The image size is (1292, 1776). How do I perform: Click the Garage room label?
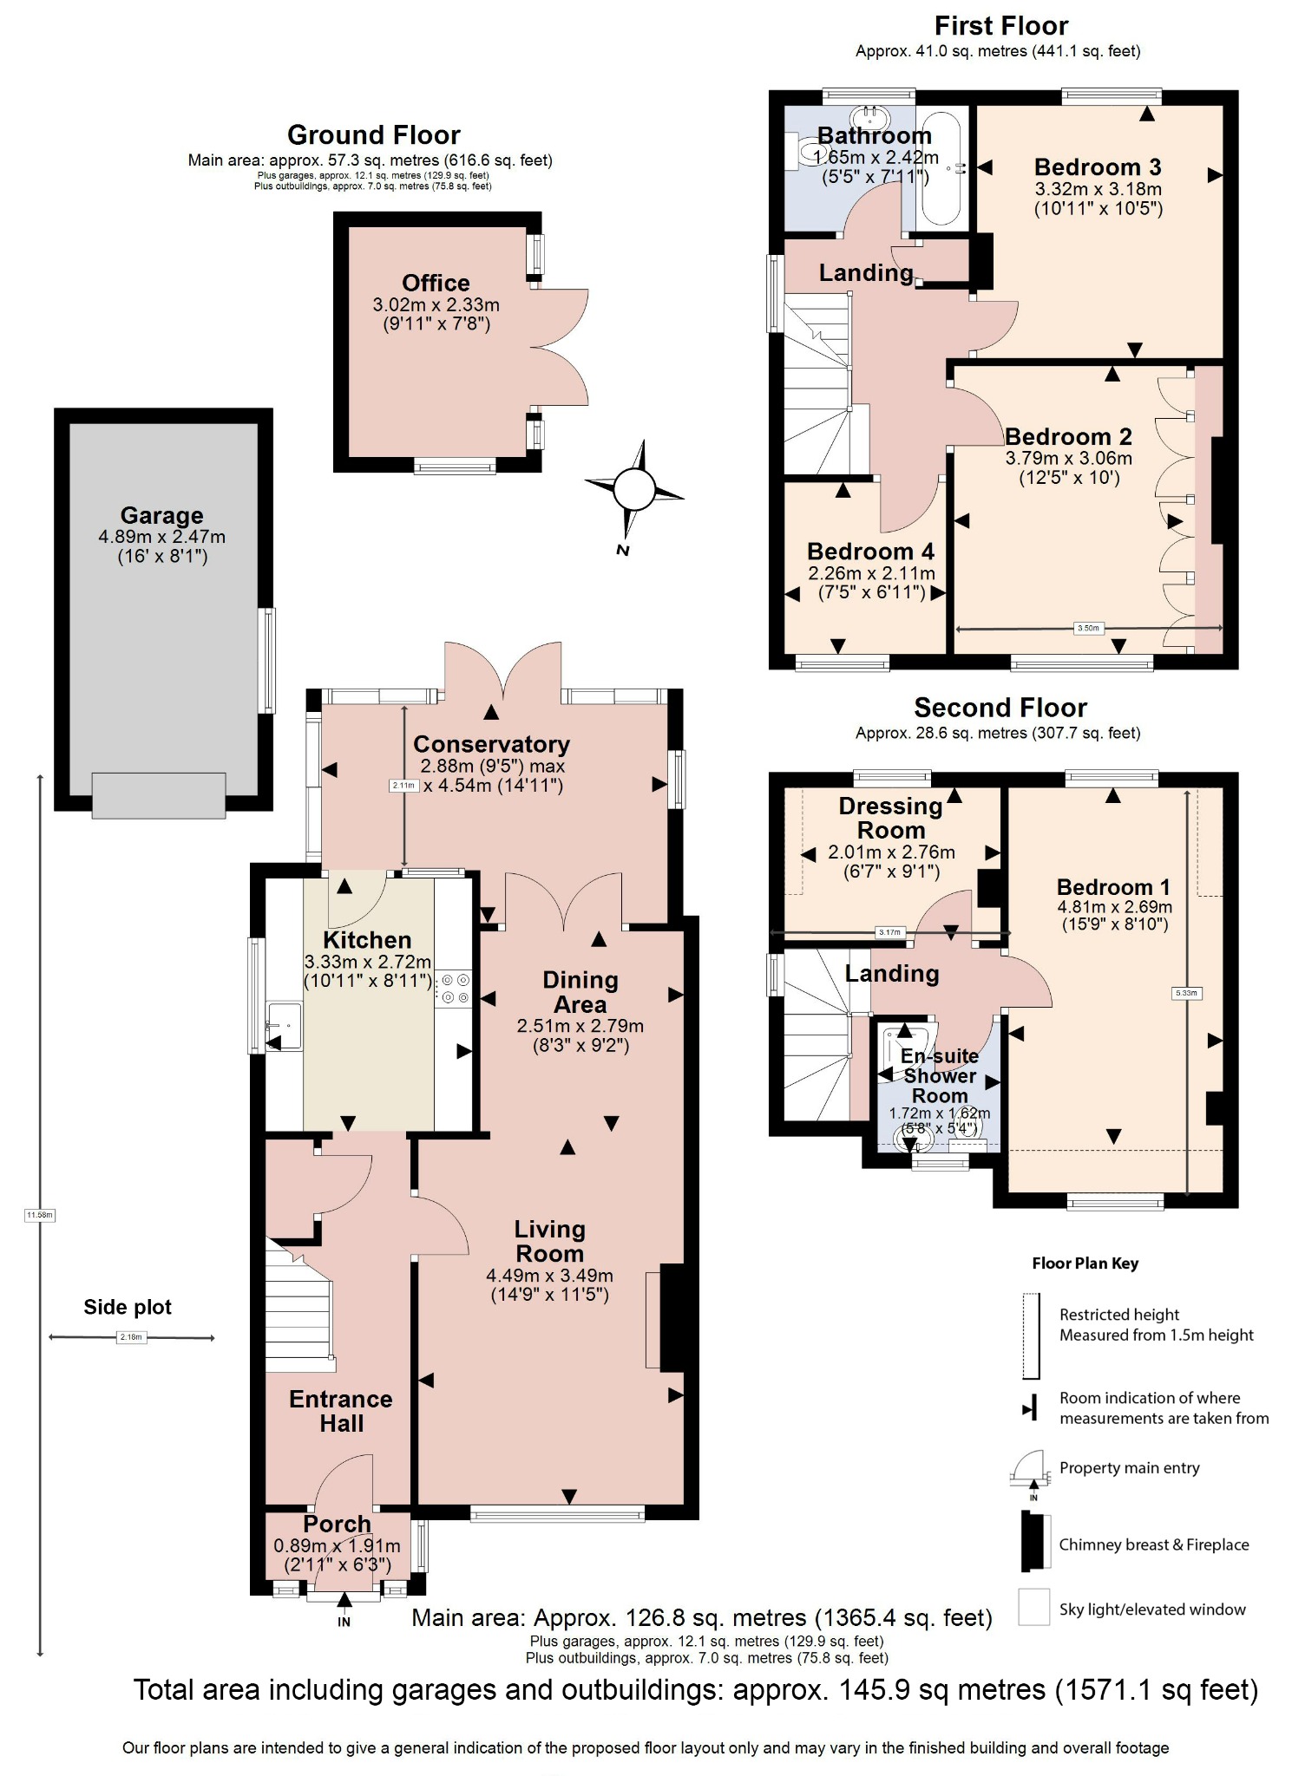click(161, 515)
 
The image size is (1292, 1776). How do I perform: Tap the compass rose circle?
click(634, 490)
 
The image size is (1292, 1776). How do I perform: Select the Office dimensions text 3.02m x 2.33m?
click(436, 304)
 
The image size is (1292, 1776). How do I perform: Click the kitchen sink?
click(284, 1026)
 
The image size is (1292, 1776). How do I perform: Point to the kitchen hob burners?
click(455, 989)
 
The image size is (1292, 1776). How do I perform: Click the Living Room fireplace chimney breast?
click(672, 1317)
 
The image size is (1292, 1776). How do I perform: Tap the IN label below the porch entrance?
click(344, 1622)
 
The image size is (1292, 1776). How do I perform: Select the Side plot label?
click(128, 1307)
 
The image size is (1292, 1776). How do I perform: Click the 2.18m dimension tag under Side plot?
click(131, 1337)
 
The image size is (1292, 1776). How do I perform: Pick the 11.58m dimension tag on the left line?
click(40, 1215)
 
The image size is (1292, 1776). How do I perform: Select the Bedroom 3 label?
click(1097, 166)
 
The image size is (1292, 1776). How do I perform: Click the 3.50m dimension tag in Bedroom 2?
click(1088, 628)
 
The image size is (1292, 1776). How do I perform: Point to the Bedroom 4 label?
click(870, 551)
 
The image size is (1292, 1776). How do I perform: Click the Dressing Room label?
click(890, 817)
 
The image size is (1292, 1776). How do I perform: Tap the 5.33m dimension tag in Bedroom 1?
click(1186, 993)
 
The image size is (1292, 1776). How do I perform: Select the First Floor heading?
click(1000, 25)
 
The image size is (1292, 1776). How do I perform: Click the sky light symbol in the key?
click(1033, 1609)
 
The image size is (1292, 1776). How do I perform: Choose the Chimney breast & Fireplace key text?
click(1153, 1544)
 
